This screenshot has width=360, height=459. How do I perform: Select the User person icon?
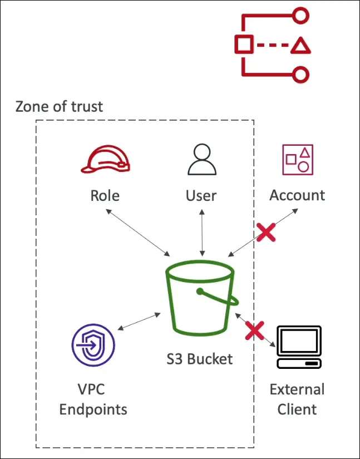click(x=201, y=160)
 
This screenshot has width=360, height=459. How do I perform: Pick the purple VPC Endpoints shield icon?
click(x=93, y=346)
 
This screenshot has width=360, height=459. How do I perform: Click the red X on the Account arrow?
click(x=266, y=231)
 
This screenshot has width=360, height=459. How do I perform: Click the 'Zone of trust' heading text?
click(x=59, y=106)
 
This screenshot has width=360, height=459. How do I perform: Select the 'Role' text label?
click(x=105, y=195)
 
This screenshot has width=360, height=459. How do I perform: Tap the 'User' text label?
click(x=201, y=195)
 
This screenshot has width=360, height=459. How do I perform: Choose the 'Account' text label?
click(x=297, y=195)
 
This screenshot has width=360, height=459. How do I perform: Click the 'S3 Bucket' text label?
click(x=199, y=358)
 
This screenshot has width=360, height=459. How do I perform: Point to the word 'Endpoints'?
click(x=93, y=409)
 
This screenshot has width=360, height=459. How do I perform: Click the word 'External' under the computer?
click(x=297, y=389)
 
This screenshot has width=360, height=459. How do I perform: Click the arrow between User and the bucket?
click(x=201, y=233)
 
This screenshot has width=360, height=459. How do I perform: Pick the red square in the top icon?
click(x=243, y=44)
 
